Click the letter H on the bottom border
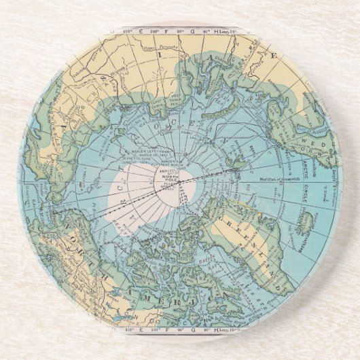tap(215, 330)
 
